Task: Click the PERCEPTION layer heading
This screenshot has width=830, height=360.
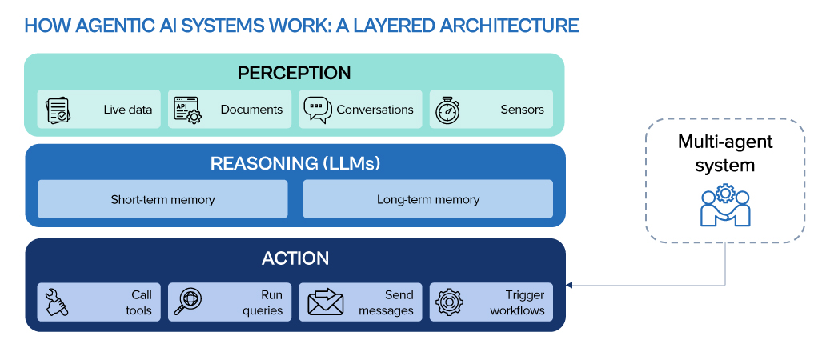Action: pos(294,73)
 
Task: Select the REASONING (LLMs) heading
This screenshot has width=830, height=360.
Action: pos(295,163)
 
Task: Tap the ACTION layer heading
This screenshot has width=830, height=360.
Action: pos(295,258)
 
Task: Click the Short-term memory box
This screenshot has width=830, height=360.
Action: pos(162,199)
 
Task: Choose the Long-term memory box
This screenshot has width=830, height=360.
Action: pos(427,199)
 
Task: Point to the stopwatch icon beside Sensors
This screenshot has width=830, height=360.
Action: pos(447,110)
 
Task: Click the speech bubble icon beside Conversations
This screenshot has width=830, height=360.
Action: pos(318,110)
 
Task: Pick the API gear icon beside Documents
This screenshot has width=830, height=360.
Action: pos(187,110)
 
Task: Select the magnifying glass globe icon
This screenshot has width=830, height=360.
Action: pos(187,302)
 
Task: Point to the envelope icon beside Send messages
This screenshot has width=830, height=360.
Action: pos(326,302)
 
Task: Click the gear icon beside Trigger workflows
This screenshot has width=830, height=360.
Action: pos(449,302)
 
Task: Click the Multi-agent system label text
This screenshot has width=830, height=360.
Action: pos(725,154)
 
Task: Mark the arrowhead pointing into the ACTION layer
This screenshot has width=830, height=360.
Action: pos(569,286)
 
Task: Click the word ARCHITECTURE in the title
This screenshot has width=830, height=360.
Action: pos(517,26)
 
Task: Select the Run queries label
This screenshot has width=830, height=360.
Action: pos(263,302)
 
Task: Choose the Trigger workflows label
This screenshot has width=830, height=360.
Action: pos(517,302)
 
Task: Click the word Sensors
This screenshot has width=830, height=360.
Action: pos(523,110)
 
